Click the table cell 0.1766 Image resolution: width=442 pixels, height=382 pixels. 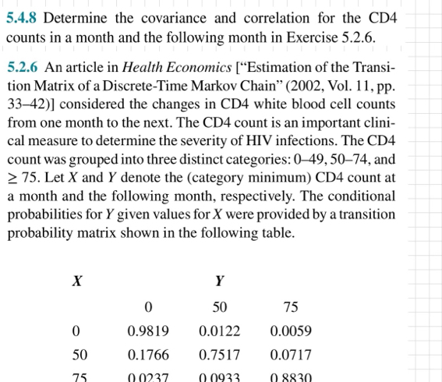pyautogui.click(x=148, y=355)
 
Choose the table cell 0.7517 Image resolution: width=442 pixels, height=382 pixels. pyautogui.click(x=219, y=355)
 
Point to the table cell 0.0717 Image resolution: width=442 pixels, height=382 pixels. pyautogui.click(x=291, y=355)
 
